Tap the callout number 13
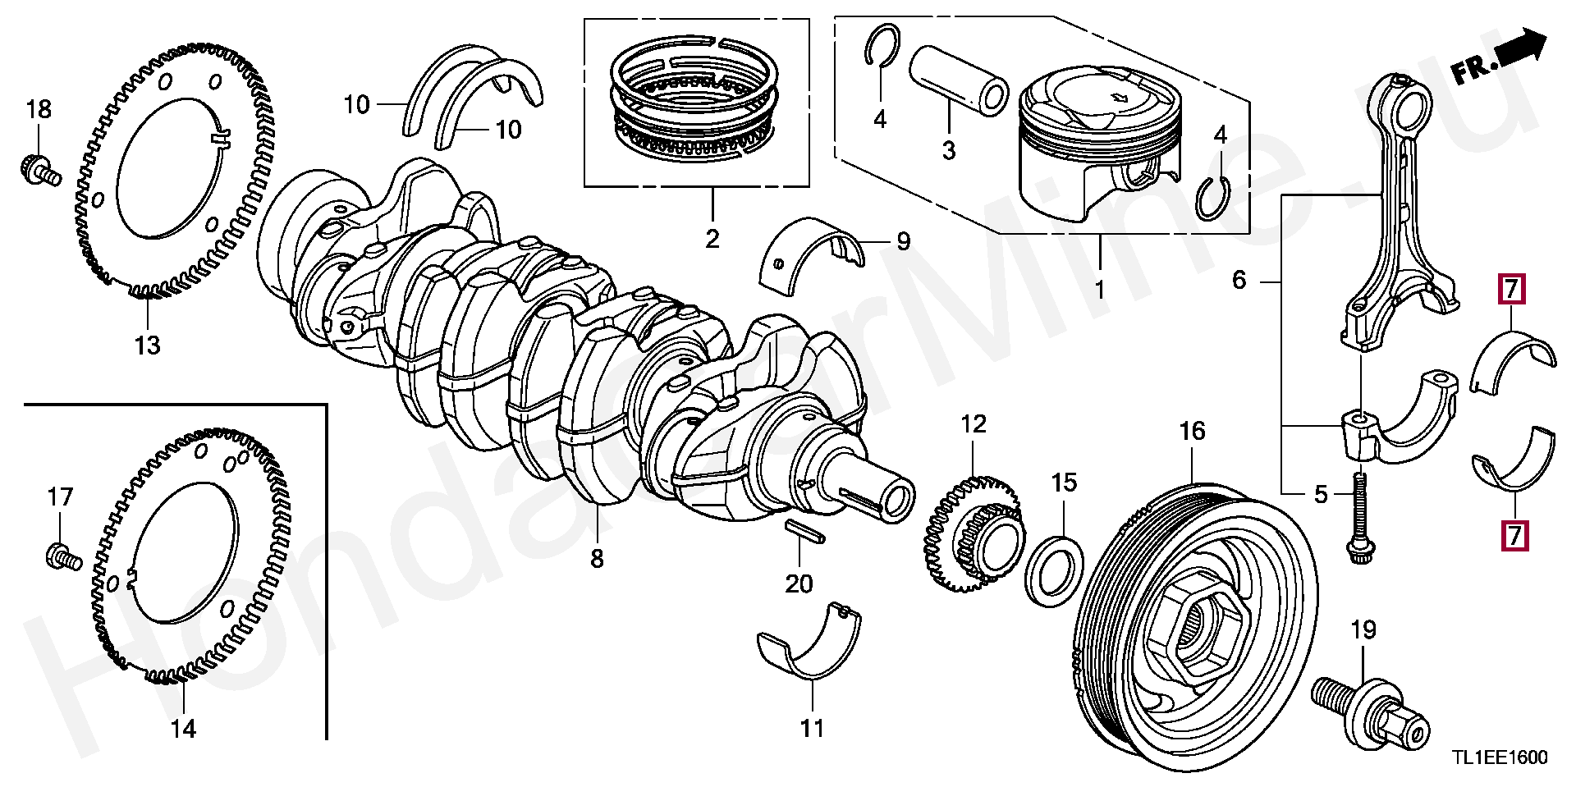click(148, 345)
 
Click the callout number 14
click(183, 728)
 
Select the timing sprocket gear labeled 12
click(975, 530)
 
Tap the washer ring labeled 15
click(1055, 571)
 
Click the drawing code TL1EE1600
click(1499, 757)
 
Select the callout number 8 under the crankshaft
click(597, 559)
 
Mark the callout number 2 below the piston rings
click(712, 238)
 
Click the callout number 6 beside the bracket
click(1239, 281)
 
